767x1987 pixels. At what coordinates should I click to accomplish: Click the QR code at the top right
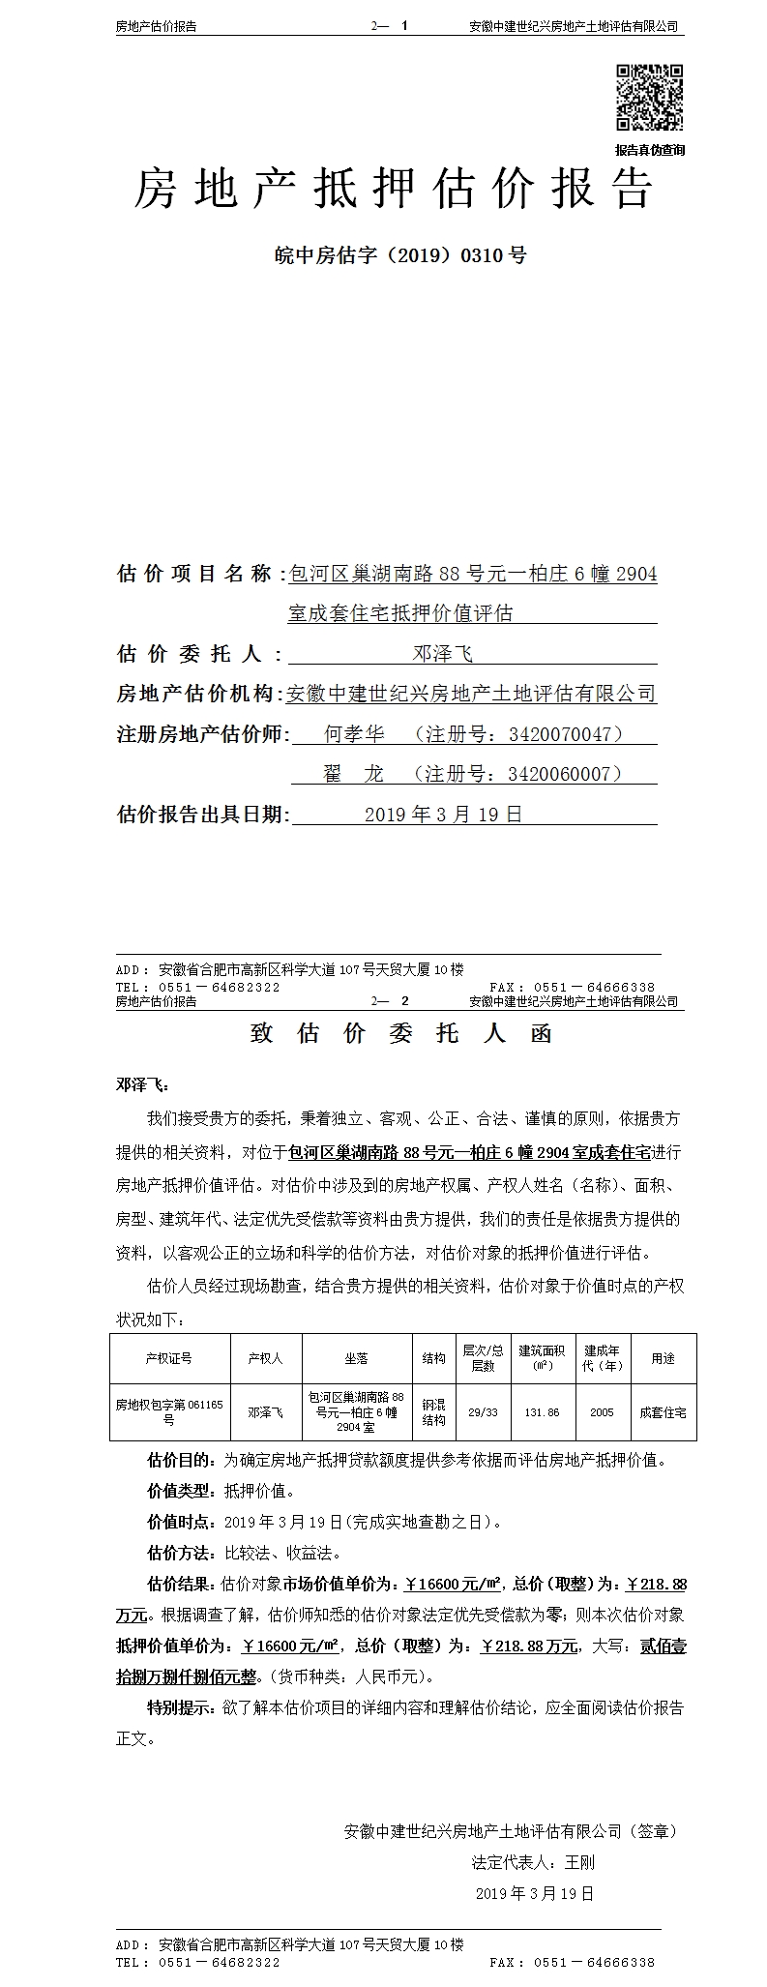[649, 97]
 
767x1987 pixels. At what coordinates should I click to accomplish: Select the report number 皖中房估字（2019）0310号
[400, 256]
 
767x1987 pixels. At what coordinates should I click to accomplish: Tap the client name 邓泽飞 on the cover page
[443, 654]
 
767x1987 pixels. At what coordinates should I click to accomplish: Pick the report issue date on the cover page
[443, 815]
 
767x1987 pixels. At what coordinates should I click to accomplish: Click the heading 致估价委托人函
[400, 1033]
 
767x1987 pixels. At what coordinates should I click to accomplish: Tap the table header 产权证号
[169, 1358]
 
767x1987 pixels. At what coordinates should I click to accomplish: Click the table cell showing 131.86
[542, 1412]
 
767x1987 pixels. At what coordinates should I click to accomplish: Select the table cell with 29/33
[483, 1412]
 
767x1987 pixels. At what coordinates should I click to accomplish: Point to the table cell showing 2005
[602, 1412]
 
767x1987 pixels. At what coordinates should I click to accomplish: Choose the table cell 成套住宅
[663, 1412]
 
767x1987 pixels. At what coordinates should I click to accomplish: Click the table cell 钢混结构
[433, 1412]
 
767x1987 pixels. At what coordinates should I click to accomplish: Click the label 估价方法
[180, 1554]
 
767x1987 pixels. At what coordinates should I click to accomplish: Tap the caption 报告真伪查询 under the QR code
[649, 150]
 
